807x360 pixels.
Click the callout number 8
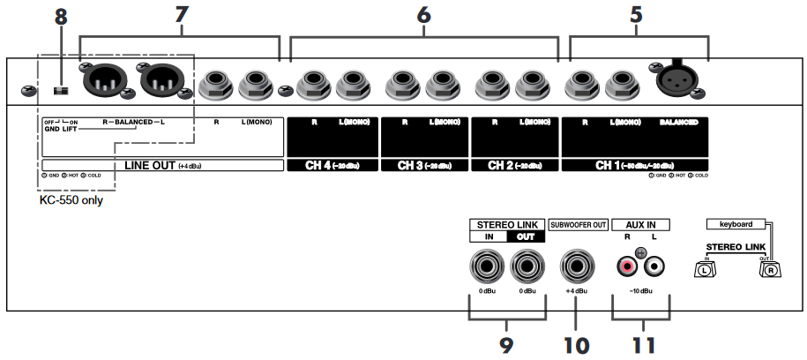[x=61, y=15]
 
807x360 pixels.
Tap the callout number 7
[x=181, y=15]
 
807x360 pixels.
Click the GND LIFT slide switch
[x=61, y=89]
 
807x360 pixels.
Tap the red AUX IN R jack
[x=626, y=264]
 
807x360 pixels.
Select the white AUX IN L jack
[x=654, y=264]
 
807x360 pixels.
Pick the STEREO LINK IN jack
[x=483, y=264]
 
